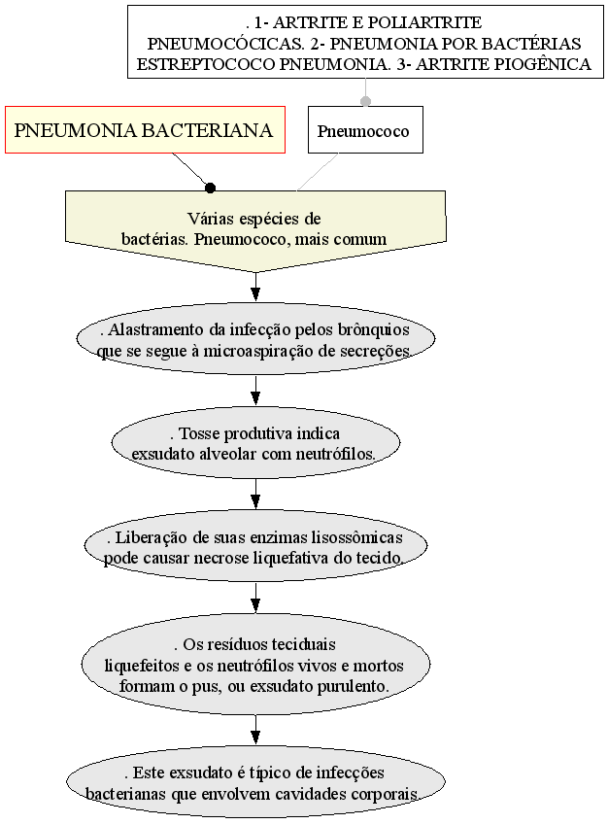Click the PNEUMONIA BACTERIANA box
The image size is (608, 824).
(145, 130)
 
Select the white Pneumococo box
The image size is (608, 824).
(365, 130)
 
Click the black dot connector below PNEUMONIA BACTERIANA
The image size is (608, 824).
(210, 188)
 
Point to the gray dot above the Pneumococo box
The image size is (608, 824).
(365, 101)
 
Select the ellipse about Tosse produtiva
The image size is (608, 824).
(254, 442)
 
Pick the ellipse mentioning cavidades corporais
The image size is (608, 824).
(254, 782)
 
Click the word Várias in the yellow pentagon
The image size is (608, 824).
(208, 218)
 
